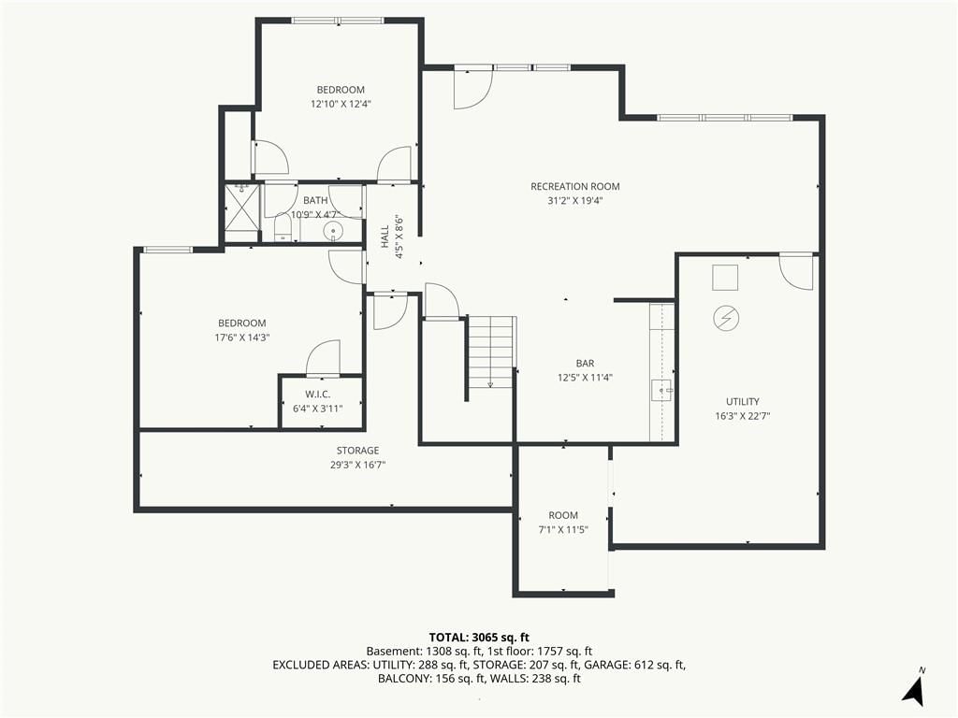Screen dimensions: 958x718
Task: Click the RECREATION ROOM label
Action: tap(575, 186)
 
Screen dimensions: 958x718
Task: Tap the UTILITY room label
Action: tap(742, 401)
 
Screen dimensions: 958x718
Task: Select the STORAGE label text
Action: tap(357, 450)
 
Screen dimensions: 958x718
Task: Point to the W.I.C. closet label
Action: tap(318, 395)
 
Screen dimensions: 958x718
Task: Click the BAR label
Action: tap(585, 363)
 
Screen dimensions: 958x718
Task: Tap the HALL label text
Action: tap(385, 237)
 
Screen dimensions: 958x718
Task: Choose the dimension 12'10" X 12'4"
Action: tap(341, 104)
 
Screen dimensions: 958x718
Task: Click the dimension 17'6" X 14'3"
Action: tap(242, 337)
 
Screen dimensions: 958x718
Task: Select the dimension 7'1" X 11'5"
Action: tap(562, 529)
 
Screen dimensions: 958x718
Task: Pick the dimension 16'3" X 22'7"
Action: tap(742, 416)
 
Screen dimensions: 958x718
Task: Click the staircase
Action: tap(491, 352)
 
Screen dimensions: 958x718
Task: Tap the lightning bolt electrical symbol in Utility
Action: tap(726, 318)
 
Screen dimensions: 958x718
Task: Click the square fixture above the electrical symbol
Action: tap(725, 278)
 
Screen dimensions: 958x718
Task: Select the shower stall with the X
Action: tap(242, 213)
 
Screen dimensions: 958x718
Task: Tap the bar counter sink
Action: tap(662, 390)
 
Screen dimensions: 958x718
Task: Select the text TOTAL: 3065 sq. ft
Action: tap(479, 638)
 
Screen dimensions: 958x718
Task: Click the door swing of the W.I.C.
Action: tap(323, 358)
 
